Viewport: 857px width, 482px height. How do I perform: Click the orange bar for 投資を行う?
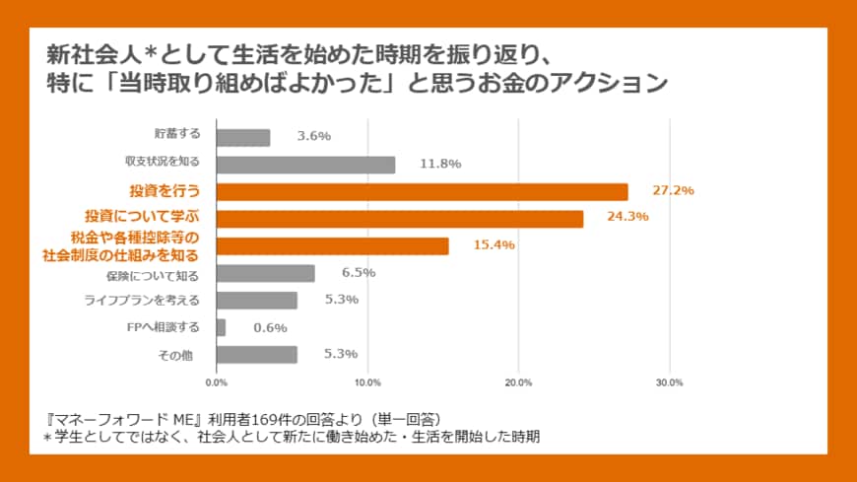422,192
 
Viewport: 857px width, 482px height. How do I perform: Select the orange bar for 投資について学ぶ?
399,219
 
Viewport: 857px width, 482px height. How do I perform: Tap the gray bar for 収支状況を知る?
305,165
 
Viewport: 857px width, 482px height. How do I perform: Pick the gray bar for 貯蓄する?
242,138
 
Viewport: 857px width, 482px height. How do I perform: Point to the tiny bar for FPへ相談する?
221,327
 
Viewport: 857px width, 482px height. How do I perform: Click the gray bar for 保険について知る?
265,273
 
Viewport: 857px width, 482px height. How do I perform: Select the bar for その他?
256,354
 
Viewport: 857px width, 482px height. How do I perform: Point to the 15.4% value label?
494,244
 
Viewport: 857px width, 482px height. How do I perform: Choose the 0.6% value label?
270,327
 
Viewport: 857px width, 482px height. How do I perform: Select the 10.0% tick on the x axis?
367,382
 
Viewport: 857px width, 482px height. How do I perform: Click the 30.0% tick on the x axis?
670,382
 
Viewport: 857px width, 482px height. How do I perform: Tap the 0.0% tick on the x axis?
216,382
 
